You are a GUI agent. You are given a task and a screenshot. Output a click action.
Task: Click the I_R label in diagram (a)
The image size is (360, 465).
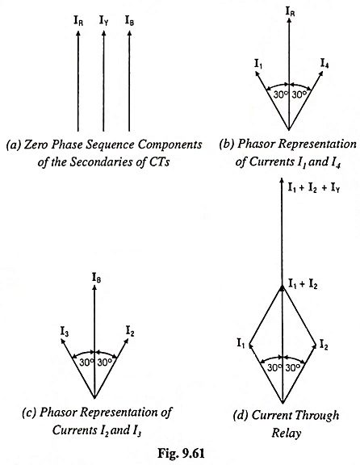(78, 21)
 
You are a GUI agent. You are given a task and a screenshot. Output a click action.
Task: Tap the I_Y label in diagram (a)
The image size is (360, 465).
(103, 21)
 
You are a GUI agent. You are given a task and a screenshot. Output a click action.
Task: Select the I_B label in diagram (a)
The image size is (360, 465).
(129, 21)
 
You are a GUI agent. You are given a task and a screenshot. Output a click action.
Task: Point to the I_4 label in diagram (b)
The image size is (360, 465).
(324, 64)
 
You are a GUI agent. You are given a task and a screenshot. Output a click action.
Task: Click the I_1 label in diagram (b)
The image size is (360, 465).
(258, 64)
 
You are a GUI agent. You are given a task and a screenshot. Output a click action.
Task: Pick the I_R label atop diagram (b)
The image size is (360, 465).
(290, 11)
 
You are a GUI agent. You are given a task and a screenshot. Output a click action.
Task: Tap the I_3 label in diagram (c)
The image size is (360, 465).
(65, 331)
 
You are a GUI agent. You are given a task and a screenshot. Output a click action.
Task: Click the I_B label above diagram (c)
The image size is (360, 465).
(96, 279)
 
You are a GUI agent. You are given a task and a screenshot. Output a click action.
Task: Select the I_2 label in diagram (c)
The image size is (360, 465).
(130, 331)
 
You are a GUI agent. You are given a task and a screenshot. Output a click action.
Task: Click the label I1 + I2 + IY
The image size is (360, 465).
(314, 188)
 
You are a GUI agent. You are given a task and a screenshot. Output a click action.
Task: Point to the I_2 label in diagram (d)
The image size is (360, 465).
(324, 345)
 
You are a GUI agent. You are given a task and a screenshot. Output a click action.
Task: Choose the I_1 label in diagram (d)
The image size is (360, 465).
(241, 343)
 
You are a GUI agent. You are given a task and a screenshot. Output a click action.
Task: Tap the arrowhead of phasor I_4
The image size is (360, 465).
(320, 74)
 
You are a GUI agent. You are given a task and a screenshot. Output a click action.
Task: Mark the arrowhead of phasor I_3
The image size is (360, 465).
(63, 341)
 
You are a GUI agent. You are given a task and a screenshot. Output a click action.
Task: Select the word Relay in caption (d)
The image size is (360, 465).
(287, 434)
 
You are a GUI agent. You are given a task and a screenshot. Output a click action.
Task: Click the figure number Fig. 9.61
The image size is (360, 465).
(181, 453)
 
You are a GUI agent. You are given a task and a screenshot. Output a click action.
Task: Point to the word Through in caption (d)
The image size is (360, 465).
(317, 416)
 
